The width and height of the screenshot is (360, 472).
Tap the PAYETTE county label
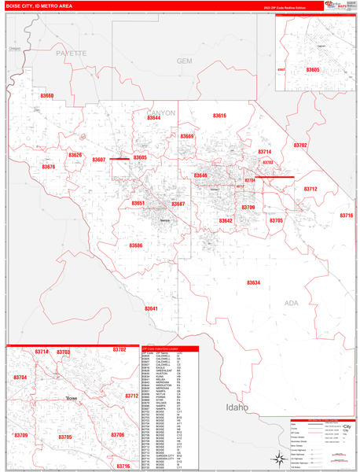[x=71, y=53]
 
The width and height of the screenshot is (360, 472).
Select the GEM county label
[x=185, y=61]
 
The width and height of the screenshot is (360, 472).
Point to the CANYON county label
[x=161, y=113]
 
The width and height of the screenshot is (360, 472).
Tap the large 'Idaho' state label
[x=237, y=407]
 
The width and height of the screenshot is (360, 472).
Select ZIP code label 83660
[x=47, y=96]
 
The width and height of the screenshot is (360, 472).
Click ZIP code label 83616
[x=219, y=116]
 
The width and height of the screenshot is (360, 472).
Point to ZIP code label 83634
[x=253, y=282]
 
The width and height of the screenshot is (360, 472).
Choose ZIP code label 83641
[x=151, y=308]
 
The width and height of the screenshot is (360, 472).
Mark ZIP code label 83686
[x=136, y=245]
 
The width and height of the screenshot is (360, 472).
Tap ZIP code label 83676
[x=49, y=167]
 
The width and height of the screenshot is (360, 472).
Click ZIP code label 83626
[x=75, y=155]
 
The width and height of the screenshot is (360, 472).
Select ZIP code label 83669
[x=187, y=136]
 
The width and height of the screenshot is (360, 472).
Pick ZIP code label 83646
[x=200, y=175]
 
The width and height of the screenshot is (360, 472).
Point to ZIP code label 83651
[x=138, y=203]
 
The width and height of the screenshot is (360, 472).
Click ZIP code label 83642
[x=226, y=221]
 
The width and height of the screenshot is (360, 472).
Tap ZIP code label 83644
[x=153, y=118]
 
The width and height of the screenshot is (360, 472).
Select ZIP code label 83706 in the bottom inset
[x=117, y=435]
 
